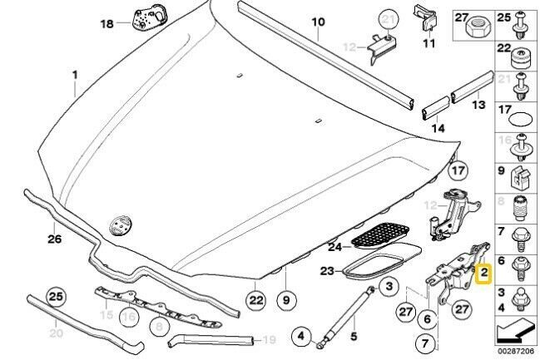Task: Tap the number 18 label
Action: click(x=107, y=24)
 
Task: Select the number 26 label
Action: click(x=55, y=239)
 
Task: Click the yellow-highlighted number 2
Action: click(x=483, y=272)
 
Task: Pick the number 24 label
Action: click(x=335, y=246)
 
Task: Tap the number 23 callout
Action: click(x=327, y=269)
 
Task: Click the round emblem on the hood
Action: click(x=121, y=225)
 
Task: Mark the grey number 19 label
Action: click(x=268, y=340)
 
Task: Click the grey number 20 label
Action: click(x=56, y=333)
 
